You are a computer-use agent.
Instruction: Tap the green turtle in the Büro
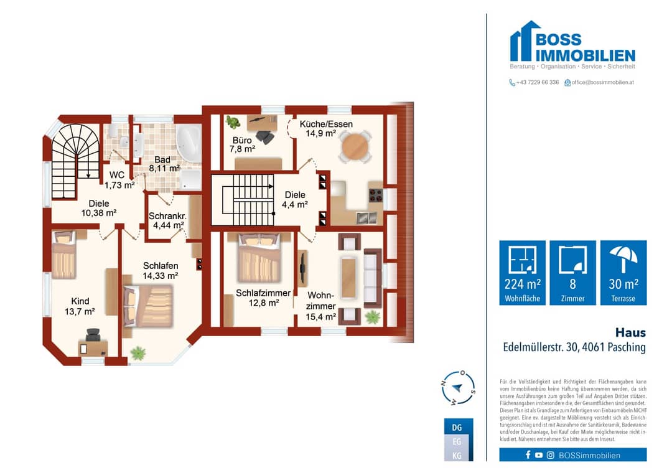click(233, 122)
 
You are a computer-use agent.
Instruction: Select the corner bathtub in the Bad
click(189, 143)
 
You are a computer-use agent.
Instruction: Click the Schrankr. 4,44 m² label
click(167, 220)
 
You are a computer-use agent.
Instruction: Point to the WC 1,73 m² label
click(119, 180)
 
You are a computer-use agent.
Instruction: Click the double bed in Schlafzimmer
click(259, 258)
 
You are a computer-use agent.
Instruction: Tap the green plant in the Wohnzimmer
click(373, 317)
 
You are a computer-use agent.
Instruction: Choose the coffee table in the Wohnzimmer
click(348, 278)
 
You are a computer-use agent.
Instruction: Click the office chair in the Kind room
click(93, 336)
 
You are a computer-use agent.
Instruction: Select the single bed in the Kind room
click(64, 255)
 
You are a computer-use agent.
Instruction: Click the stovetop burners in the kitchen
click(376, 195)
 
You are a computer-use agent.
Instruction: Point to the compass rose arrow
click(457, 388)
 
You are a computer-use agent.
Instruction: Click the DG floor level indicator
click(457, 427)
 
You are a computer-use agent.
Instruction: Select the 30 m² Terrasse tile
click(623, 273)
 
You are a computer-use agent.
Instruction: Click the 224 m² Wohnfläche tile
click(523, 273)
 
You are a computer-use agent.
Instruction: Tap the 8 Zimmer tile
click(572, 273)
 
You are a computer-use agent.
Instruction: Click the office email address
click(602, 82)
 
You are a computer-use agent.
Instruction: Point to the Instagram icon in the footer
click(550, 455)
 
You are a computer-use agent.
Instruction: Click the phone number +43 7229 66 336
click(538, 82)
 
